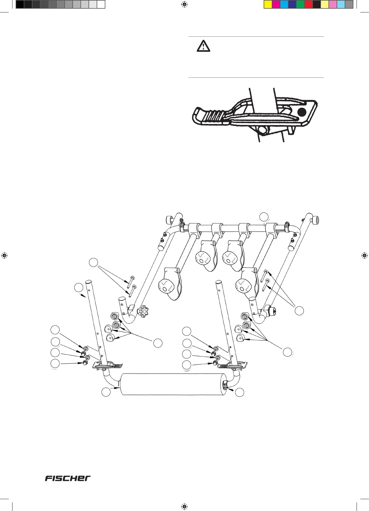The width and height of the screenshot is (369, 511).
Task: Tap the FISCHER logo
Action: click(68, 478)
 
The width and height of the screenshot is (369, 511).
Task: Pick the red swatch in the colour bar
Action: click(309, 5)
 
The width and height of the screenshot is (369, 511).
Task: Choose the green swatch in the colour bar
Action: click(300, 5)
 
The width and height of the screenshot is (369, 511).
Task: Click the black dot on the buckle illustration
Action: click(302, 112)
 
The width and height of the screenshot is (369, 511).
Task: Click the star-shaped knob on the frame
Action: click(143, 312)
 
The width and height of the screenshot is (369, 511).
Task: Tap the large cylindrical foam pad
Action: click(173, 384)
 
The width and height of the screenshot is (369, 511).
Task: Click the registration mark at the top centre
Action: click(184, 4)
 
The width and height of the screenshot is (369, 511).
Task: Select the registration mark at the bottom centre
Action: click(184, 506)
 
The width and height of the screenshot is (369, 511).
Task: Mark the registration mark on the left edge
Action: click(4, 255)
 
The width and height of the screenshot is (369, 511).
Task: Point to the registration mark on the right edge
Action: click(364, 255)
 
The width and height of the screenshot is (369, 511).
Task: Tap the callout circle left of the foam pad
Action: click(106, 392)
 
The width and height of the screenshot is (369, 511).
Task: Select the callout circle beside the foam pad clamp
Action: click(240, 392)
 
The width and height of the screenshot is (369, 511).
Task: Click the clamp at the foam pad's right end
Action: click(225, 385)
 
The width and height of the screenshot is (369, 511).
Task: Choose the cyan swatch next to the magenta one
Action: click(284, 5)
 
